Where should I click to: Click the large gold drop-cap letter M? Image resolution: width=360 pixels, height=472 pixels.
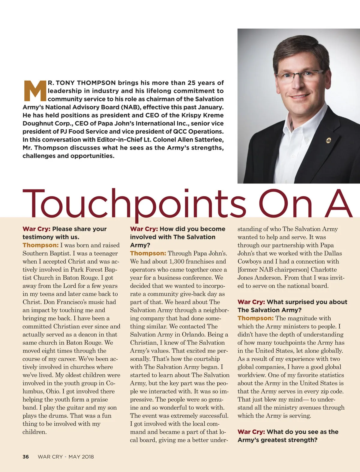[x=34, y=91]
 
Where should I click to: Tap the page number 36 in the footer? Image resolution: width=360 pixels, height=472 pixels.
[x=26, y=457]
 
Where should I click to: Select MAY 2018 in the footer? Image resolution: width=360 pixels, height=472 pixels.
[x=81, y=457]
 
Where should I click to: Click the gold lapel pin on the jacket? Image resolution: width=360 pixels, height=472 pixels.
[x=328, y=140]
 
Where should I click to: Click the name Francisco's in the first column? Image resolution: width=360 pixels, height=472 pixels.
[x=71, y=302]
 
